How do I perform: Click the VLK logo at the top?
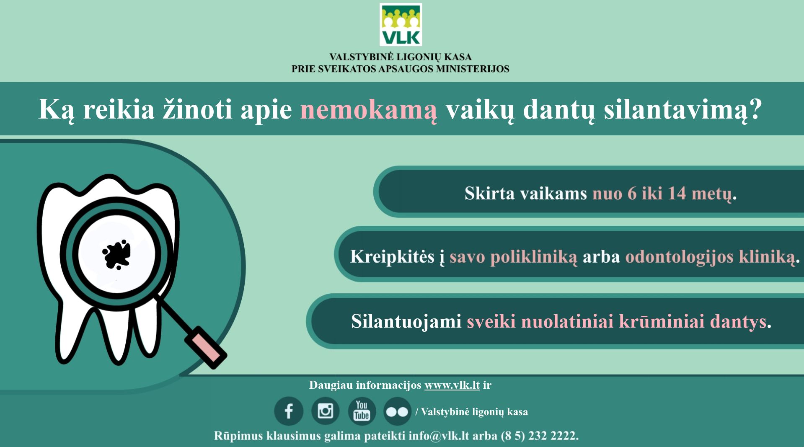pyautogui.click(x=401, y=24)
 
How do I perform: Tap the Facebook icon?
pyautogui.click(x=289, y=411)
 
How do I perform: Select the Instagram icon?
pyautogui.click(x=326, y=411)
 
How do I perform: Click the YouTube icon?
pyautogui.click(x=362, y=411)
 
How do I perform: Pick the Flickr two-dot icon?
pyautogui.click(x=397, y=411)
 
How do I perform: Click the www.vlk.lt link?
pyautogui.click(x=452, y=385)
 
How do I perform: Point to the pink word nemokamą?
pyautogui.click(x=369, y=110)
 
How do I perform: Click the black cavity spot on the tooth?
pyautogui.click(x=116, y=254)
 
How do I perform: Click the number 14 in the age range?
pyautogui.click(x=677, y=193)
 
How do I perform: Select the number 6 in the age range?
pyautogui.click(x=632, y=193)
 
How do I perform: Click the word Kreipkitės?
pyautogui.click(x=392, y=256)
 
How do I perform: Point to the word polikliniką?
pyautogui.click(x=534, y=257)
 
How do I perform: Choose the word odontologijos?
pyautogui.click(x=679, y=257)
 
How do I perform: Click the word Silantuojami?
pyautogui.click(x=406, y=321)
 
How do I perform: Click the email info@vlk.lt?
pyautogui.click(x=439, y=436)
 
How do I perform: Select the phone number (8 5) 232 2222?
pyautogui.click(x=539, y=436)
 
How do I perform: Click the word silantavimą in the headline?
pyautogui.click(x=682, y=110)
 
